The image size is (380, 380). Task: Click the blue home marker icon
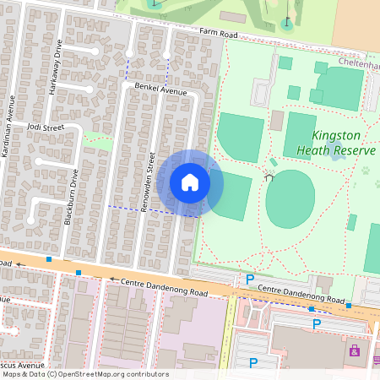click(x=190, y=182)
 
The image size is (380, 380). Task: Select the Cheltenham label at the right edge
click(x=358, y=62)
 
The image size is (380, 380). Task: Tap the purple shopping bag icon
click(x=354, y=349)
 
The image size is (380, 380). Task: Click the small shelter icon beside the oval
click(x=269, y=177)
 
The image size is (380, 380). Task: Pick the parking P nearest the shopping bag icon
click(x=317, y=323)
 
